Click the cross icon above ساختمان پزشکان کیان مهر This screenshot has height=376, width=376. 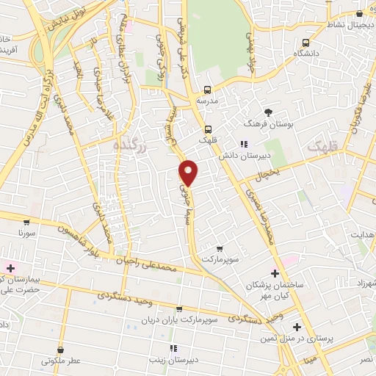275,273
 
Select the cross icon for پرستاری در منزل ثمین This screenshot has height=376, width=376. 297,326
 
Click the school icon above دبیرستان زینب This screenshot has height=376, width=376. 173,348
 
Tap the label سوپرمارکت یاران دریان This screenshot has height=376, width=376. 180,320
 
